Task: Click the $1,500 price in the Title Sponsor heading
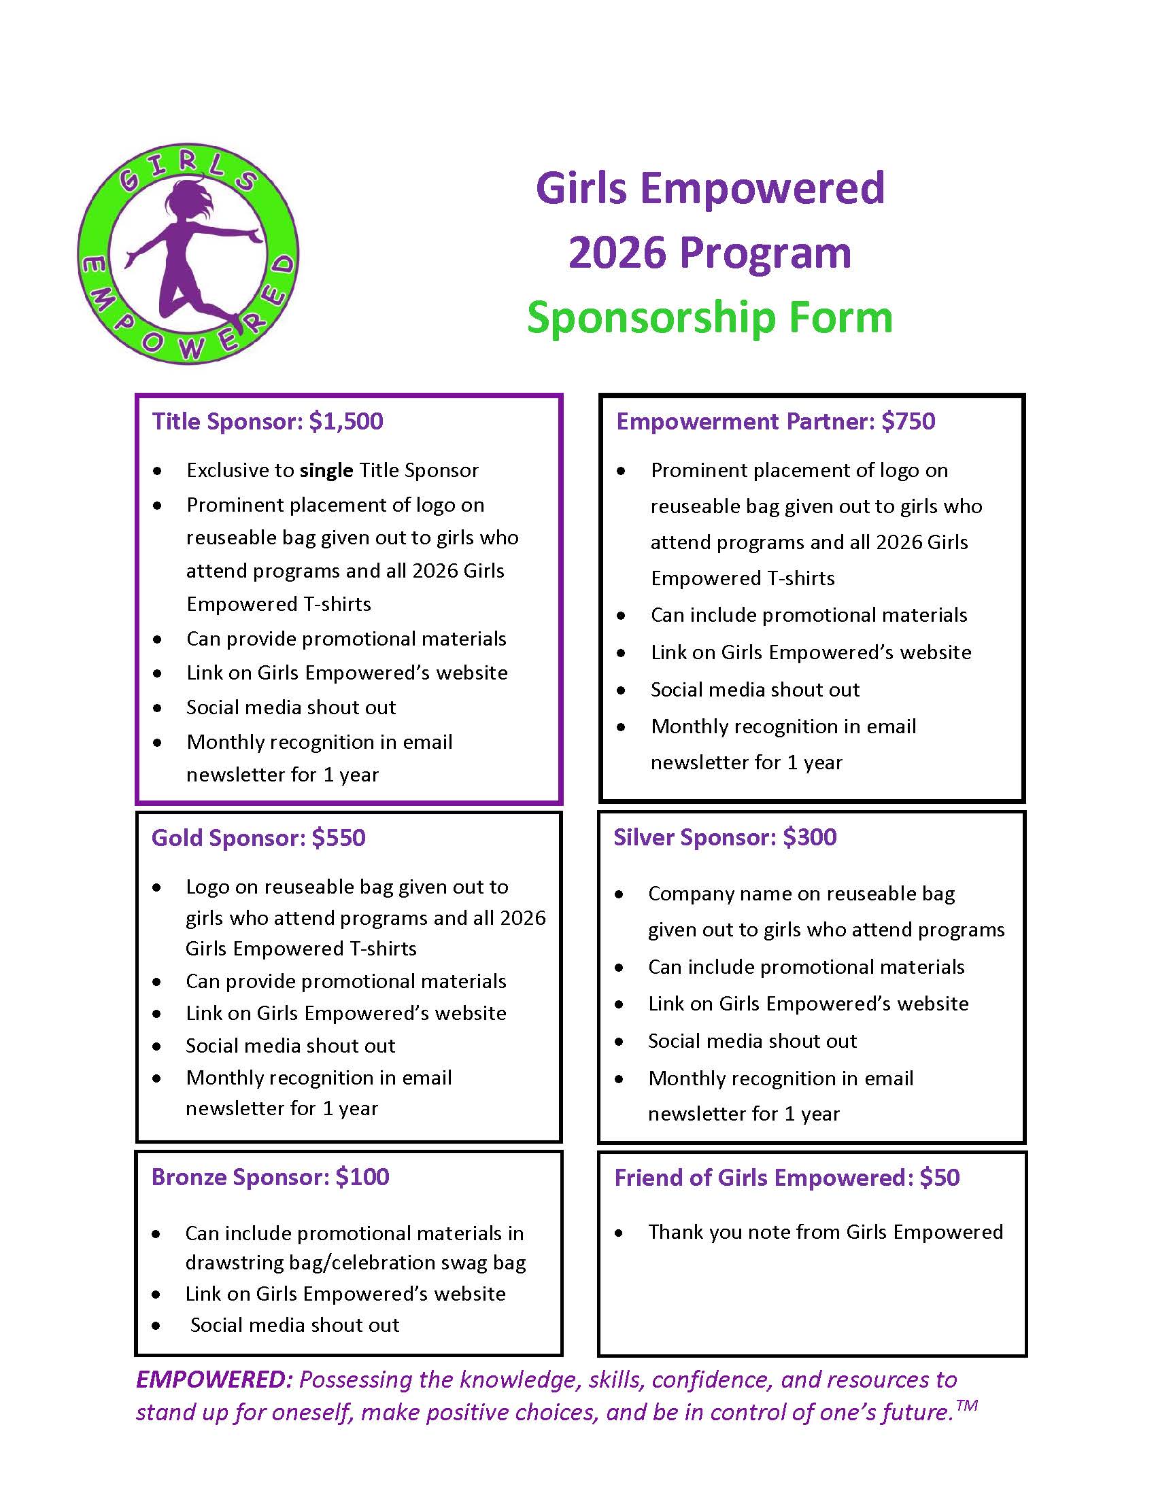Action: [x=346, y=421]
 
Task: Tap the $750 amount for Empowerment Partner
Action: [x=908, y=421]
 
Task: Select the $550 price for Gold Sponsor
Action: [x=339, y=838]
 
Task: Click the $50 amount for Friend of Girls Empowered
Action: [x=940, y=1178]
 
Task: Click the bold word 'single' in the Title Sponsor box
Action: [x=326, y=470]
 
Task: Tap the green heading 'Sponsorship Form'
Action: [x=710, y=317]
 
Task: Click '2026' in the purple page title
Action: [x=617, y=253]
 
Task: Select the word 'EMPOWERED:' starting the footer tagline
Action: [x=214, y=1379]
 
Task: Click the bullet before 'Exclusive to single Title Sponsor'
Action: [x=158, y=471]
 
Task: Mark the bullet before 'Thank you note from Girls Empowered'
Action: [x=619, y=1233]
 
